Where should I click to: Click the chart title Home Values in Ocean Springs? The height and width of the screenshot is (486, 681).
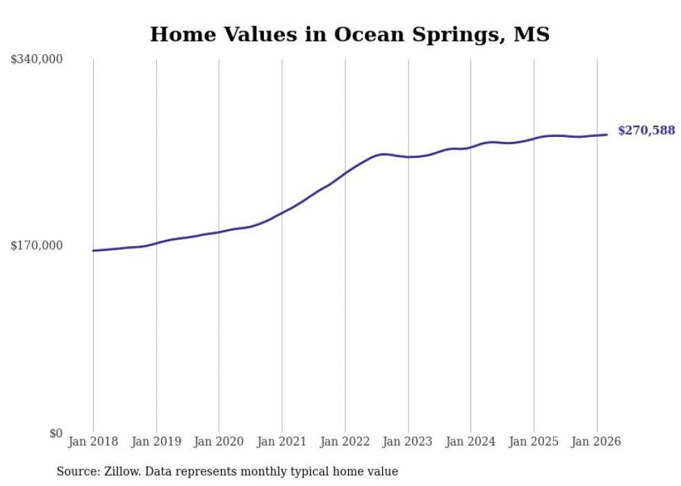coord(350,34)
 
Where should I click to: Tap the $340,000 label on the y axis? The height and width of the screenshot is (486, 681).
coord(37,60)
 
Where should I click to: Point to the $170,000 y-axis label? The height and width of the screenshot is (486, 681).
coord(37,245)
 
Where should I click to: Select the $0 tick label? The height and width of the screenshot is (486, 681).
coord(56,433)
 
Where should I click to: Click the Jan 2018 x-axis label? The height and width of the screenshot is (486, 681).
coord(93,442)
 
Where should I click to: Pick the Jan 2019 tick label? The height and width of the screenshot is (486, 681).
coord(156,442)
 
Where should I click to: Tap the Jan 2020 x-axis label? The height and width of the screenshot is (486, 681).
coord(219,442)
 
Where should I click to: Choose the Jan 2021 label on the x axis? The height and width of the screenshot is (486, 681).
coord(282,442)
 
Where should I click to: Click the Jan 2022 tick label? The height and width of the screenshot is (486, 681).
coord(345,442)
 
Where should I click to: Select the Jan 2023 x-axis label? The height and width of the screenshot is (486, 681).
coord(408,442)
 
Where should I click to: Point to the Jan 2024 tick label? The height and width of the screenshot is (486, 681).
coord(470,442)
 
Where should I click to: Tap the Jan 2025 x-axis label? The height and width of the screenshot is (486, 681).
coord(534,442)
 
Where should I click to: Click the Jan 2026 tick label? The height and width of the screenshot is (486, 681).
coord(596,442)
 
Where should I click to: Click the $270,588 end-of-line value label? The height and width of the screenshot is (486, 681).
coord(646,130)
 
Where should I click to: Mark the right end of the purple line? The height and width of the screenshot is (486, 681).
coord(607,135)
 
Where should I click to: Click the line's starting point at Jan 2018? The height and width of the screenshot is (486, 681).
coord(93,250)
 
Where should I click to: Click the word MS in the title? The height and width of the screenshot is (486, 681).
coord(532,34)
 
